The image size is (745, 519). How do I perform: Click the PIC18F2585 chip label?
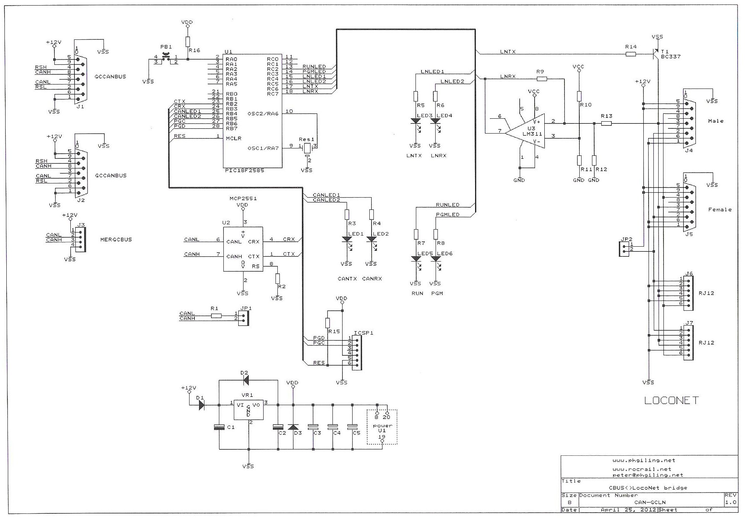[245, 171]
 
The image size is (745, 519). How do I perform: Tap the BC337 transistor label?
[671, 57]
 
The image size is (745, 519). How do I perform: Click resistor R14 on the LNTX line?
[631, 54]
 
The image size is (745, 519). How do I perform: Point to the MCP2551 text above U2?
[243, 199]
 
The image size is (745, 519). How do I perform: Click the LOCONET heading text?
[671, 401]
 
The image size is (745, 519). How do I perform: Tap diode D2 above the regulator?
[245, 380]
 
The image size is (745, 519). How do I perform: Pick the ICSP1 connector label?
[363, 333]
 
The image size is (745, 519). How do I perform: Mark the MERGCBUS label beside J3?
[116, 240]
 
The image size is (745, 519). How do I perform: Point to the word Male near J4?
[716, 121]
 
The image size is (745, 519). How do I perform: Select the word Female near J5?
[720, 209]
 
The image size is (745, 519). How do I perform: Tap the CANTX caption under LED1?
[347, 279]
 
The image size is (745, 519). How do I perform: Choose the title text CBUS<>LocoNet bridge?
[647, 488]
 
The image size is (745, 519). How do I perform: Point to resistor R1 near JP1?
[216, 316]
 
